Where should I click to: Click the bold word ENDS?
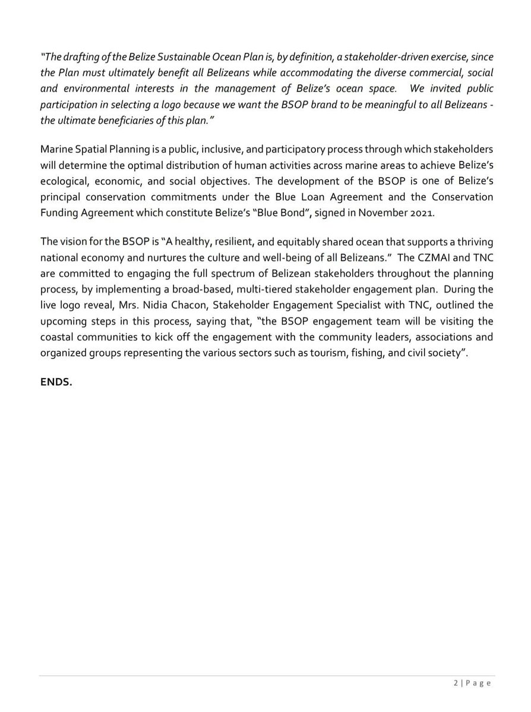pos(56,382)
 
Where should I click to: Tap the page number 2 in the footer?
pos(456,683)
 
